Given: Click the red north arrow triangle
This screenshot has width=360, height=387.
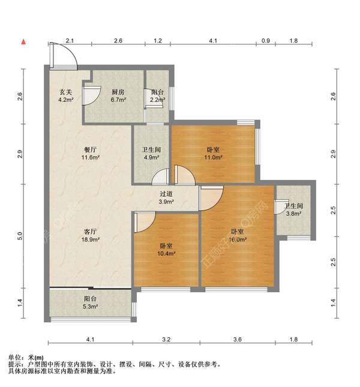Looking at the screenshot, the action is click(23, 42).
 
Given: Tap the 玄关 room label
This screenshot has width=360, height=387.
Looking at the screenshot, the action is click(66, 92).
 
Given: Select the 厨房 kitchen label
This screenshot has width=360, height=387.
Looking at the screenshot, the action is click(118, 92).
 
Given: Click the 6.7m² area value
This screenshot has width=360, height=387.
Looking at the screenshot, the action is click(118, 100).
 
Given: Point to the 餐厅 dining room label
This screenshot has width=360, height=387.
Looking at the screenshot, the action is click(91, 149).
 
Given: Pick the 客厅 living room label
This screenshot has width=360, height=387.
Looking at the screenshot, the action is click(91, 232).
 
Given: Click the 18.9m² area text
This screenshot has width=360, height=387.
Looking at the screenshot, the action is click(91, 239).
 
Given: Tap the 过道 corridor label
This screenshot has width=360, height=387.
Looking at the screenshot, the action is click(166, 194).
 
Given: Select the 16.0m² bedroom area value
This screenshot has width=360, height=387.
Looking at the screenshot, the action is click(238, 239).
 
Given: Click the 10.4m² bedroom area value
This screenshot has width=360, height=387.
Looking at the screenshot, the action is click(166, 253).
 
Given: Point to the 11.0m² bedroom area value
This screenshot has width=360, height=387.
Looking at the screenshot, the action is click(214, 157).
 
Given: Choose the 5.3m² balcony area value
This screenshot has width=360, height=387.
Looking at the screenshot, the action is click(91, 306).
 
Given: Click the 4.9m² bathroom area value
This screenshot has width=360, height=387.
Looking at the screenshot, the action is click(151, 157).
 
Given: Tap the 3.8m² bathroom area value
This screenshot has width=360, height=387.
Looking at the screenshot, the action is click(293, 214).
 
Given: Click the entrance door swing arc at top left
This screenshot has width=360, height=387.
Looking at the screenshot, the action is click(70, 51).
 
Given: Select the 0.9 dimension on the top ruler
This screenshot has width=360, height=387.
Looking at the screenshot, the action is click(266, 40).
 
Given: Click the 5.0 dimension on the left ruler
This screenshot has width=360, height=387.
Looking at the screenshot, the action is click(20, 236).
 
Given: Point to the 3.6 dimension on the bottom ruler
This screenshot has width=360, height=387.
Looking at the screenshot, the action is click(238, 340).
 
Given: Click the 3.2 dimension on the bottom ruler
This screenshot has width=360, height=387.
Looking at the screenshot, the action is click(166, 340).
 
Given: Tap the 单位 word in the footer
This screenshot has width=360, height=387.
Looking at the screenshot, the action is click(14, 358).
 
